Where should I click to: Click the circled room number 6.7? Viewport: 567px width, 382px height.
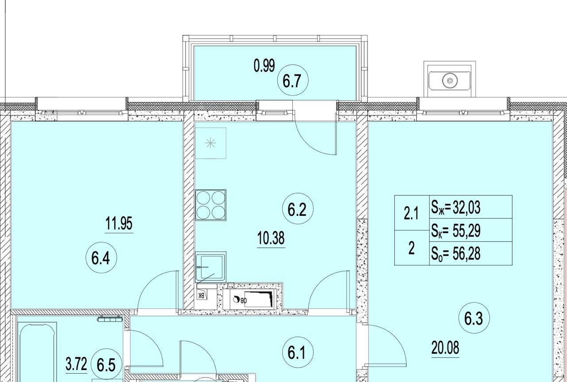pyautogui.click(x=293, y=80)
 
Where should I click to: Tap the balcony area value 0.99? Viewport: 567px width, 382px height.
pyautogui.click(x=264, y=66)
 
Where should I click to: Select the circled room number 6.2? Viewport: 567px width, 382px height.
pyautogui.click(x=298, y=208)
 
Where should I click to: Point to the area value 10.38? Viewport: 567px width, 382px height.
pyautogui.click(x=271, y=238)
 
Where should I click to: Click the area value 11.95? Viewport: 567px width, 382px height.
pyautogui.click(x=119, y=223)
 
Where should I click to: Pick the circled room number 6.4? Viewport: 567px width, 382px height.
pyautogui.click(x=101, y=257)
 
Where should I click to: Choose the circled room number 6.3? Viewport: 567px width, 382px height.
pyautogui.click(x=474, y=318)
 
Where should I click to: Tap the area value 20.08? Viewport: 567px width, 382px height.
pyautogui.click(x=445, y=348)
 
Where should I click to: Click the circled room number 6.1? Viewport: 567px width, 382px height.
pyautogui.click(x=298, y=352)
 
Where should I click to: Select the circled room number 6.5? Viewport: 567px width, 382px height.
pyautogui.click(x=106, y=365)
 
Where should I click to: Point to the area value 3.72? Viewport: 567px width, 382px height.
pyautogui.click(x=76, y=364)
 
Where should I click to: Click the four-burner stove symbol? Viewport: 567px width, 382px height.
pyautogui.click(x=210, y=205)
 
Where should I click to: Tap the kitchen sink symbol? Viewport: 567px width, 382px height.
pyautogui.click(x=210, y=267)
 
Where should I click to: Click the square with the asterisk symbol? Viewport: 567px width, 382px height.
pyautogui.click(x=210, y=143)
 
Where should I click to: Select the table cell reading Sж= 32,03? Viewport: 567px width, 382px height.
pyautogui.click(x=471, y=207)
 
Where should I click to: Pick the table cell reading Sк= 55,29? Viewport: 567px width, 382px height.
pyautogui.click(x=471, y=230)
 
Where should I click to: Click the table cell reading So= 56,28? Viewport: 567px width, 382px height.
pyautogui.click(x=471, y=253)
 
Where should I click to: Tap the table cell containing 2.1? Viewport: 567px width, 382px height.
pyautogui.click(x=412, y=213)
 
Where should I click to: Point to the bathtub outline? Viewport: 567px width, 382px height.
pyautogui.click(x=37, y=352)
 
